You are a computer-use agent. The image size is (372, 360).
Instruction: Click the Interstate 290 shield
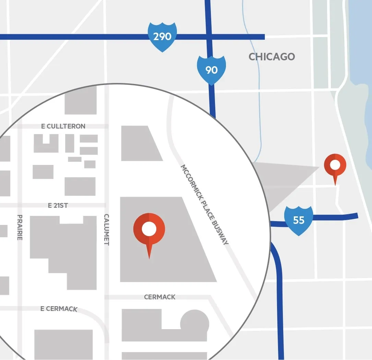click(x=162, y=37)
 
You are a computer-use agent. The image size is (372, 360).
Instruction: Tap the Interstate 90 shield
click(x=212, y=70)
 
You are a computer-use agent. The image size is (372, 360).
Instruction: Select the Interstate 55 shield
click(x=299, y=220)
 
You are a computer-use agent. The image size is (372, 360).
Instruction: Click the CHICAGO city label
click(x=272, y=57)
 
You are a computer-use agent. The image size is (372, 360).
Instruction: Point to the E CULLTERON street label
click(x=63, y=126)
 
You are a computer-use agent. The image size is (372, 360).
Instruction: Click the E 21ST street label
click(x=58, y=205)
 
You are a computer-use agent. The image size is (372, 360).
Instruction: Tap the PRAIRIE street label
click(x=20, y=227)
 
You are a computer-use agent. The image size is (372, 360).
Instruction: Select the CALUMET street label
click(x=106, y=230)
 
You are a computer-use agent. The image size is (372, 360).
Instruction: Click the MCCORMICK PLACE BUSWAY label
click(x=205, y=204)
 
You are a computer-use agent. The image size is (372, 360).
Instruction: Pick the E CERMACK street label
click(x=59, y=309)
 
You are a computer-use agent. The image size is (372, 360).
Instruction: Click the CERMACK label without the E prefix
click(x=160, y=297)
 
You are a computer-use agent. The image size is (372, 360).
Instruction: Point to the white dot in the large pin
click(x=149, y=229)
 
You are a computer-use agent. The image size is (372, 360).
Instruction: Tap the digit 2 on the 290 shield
click(x=156, y=37)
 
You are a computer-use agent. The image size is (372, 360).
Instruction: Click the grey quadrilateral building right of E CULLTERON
click(x=139, y=143)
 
